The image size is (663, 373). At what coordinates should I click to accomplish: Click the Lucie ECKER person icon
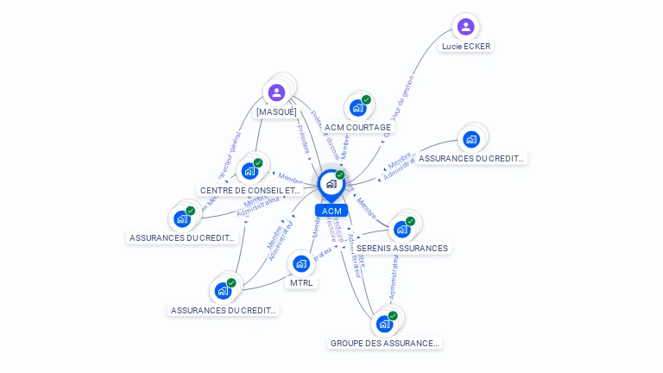click(x=465, y=27)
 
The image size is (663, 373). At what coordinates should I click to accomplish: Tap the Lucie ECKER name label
click(x=466, y=46)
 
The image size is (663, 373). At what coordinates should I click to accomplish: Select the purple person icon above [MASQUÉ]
click(x=276, y=92)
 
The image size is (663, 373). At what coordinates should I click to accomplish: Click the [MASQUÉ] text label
click(x=276, y=111)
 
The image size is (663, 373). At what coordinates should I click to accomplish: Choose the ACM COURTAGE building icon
click(x=357, y=109)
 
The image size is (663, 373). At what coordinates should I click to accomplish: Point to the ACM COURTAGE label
click(x=357, y=127)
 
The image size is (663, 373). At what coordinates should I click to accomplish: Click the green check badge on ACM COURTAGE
click(x=366, y=100)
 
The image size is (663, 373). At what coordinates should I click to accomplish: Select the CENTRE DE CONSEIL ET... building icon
click(x=249, y=171)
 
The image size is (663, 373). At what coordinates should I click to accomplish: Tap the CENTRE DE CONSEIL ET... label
click(x=249, y=190)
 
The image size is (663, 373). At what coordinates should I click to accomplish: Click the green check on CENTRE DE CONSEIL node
click(x=258, y=162)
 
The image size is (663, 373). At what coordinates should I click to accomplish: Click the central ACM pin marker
click(x=331, y=184)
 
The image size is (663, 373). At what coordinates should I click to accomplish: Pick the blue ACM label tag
click(x=331, y=211)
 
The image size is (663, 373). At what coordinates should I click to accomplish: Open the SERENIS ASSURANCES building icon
click(x=401, y=230)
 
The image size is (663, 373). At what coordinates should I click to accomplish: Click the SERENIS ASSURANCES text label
click(x=402, y=248)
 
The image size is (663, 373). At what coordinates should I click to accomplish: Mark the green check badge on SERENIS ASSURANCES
click(x=410, y=221)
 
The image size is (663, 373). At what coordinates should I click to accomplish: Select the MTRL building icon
click(x=300, y=263)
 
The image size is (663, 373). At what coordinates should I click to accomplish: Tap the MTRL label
click(x=301, y=282)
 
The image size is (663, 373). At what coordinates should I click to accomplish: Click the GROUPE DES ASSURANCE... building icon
click(x=383, y=325)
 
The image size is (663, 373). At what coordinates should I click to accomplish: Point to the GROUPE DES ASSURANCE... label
click(x=384, y=343)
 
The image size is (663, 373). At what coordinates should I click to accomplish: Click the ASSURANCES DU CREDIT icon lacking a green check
click(x=470, y=139)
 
